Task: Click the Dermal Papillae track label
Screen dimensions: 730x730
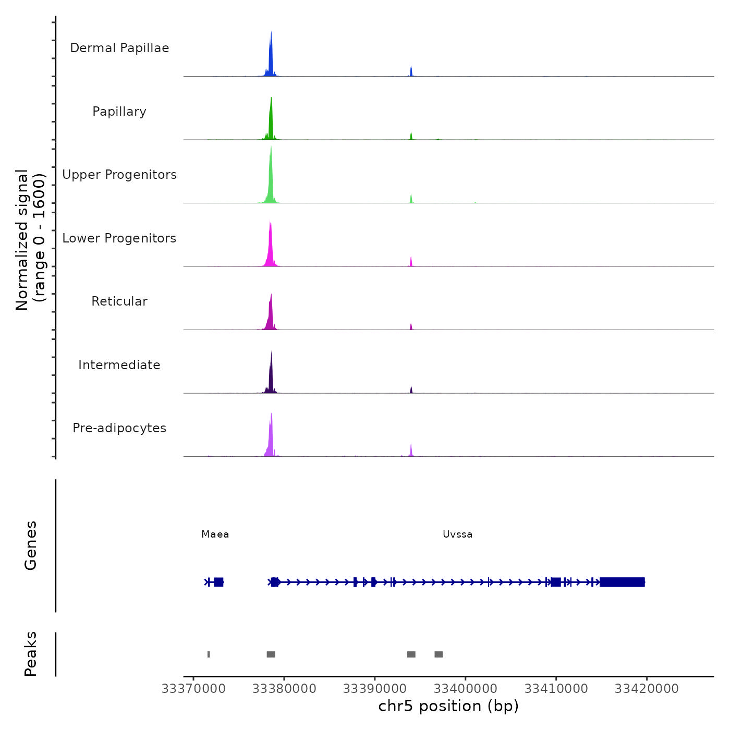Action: [x=119, y=48]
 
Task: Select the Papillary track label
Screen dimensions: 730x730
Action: [x=119, y=112]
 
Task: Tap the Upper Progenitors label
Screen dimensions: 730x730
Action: [x=119, y=175]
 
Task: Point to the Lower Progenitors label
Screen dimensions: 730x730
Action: [x=119, y=238]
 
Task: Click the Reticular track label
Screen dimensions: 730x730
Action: [x=119, y=301]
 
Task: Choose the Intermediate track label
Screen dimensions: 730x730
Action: [x=119, y=365]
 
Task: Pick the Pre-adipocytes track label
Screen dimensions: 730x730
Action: [x=119, y=428]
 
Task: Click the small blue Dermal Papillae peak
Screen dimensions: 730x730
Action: [x=411, y=71]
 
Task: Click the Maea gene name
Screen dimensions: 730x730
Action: [x=215, y=534]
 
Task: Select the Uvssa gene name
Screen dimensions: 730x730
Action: [x=457, y=534]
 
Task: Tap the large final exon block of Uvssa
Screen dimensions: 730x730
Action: [x=622, y=582]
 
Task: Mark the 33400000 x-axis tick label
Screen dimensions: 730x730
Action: [x=466, y=689]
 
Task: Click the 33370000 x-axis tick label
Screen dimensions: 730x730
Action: [x=193, y=689]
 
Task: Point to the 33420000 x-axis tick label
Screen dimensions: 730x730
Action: [x=647, y=689]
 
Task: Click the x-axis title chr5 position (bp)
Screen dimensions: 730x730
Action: [x=448, y=707]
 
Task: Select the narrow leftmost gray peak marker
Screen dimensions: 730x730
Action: [x=209, y=654]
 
